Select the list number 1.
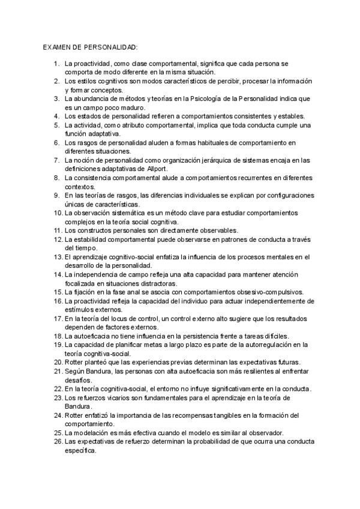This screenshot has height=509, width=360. [x=56, y=63]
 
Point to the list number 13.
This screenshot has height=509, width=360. [x=55, y=257]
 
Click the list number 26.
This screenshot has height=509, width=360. [x=55, y=442]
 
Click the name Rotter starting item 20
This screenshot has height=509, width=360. [x=75, y=363]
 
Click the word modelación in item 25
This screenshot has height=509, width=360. [x=93, y=433]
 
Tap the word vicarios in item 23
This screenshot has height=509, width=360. [x=111, y=397]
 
